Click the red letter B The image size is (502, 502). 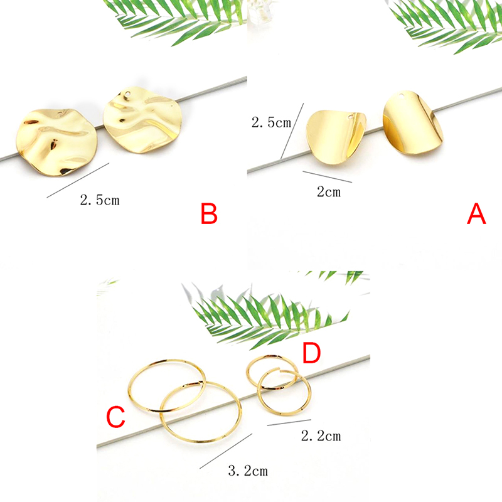209,213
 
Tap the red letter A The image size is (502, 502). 476,213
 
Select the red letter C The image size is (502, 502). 115,417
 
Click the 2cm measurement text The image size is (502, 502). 329,192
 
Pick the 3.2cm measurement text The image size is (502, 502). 248,471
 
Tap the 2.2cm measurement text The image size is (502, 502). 321,435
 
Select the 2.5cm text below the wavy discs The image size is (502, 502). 100,200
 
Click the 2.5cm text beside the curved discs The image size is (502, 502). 271,122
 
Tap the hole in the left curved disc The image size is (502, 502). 352,116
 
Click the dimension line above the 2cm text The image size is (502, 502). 327,177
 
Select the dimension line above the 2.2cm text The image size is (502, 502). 289,422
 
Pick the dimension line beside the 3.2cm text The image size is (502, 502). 226,451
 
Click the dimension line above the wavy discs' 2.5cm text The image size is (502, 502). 78,180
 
